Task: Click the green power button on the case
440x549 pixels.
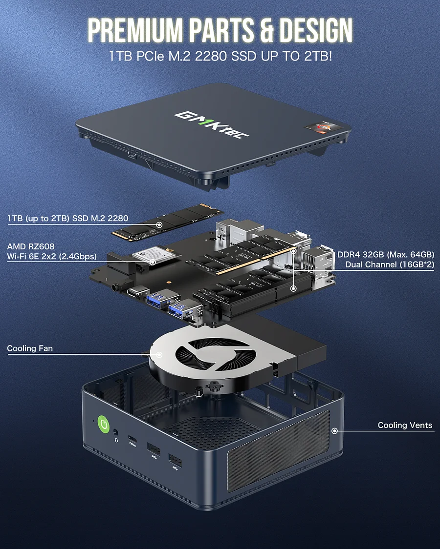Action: [x=104, y=425]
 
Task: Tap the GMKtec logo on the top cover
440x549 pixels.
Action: [x=212, y=124]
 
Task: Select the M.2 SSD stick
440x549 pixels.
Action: [x=168, y=223]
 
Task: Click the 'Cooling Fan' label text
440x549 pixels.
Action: [x=30, y=348]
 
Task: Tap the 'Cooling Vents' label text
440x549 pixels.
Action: [x=405, y=425]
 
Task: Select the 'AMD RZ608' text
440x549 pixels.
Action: [x=31, y=246]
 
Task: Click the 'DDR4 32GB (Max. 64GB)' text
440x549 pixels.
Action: [x=386, y=255]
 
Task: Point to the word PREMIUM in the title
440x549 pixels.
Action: [x=136, y=30]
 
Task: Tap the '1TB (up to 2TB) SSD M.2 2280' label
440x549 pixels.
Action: [x=68, y=219]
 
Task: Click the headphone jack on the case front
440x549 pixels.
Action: [x=116, y=433]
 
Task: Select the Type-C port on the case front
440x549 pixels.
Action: [x=132, y=439]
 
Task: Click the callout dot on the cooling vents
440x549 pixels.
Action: [x=335, y=430]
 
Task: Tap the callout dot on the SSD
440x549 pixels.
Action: [x=159, y=224]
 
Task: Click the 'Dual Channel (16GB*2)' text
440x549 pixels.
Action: [x=390, y=264]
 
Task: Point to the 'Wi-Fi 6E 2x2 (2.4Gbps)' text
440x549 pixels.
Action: [x=52, y=257]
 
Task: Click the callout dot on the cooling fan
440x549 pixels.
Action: [x=159, y=354]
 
